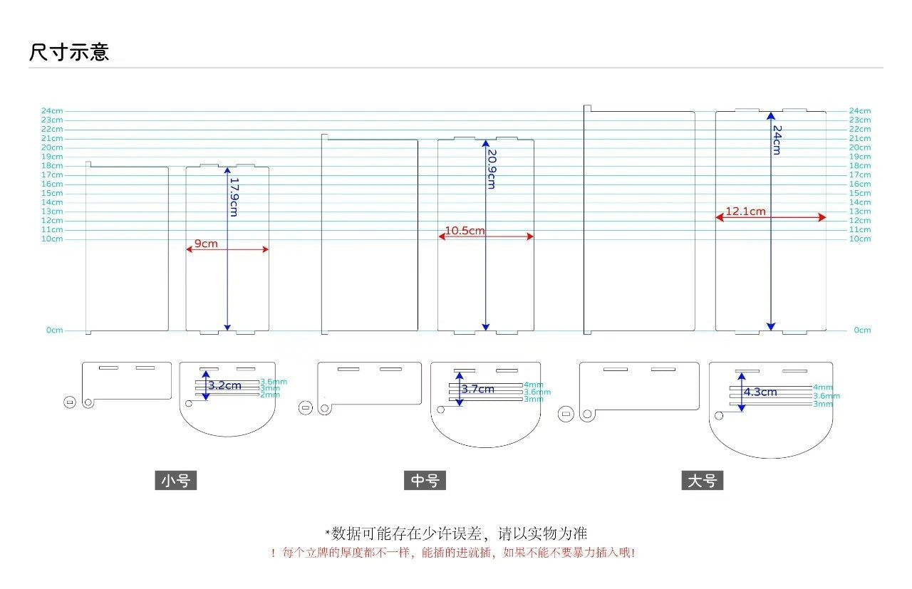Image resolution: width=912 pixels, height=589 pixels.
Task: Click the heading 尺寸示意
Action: point(69,53)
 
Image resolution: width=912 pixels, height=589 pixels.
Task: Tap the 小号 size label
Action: point(175,481)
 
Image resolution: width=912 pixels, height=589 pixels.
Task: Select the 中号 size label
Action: point(425,481)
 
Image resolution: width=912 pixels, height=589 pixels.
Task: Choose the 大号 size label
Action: point(702,481)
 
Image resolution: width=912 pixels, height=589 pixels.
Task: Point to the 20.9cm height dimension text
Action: point(491,169)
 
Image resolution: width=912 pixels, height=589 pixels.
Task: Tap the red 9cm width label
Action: point(207,244)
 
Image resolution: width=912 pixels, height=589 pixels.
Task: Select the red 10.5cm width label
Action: point(465,231)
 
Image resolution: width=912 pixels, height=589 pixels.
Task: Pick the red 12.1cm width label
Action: point(745,212)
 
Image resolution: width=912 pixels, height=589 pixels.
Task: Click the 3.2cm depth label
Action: point(224,385)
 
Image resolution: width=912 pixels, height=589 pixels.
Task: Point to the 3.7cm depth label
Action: point(477,389)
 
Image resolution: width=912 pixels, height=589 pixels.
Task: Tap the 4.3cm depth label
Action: point(760,392)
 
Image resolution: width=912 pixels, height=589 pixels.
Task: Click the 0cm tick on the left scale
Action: point(54,330)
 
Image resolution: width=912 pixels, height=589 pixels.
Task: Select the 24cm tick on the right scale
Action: point(859,111)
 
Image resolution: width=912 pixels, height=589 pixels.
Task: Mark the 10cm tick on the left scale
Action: point(52,239)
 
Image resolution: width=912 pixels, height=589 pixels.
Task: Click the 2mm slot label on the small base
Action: point(269,395)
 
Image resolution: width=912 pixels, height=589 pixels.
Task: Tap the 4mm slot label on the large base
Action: point(822,387)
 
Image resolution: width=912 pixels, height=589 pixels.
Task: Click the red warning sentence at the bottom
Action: point(453,553)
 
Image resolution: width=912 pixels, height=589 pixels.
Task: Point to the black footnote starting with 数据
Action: point(457,533)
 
